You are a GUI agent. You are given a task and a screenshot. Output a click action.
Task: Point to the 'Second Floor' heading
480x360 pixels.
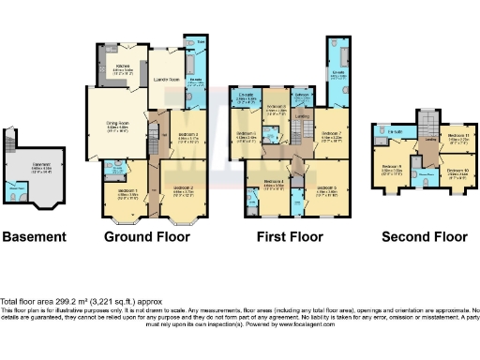tap(424, 236)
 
